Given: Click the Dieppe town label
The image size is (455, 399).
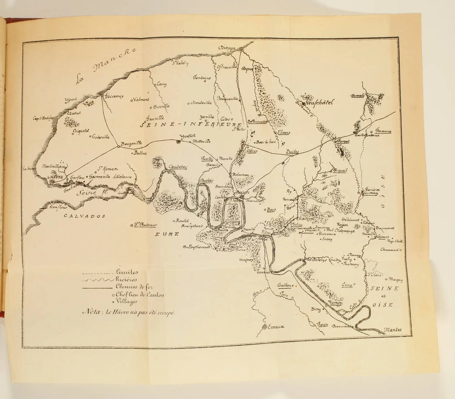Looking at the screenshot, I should tap(227, 48).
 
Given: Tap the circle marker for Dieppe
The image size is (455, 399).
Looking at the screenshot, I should tap(241, 50).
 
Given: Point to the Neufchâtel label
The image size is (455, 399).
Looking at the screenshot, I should tap(319, 103).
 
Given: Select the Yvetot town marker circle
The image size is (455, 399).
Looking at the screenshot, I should tap(179, 141).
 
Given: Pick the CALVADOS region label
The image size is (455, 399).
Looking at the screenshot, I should tap(85, 216).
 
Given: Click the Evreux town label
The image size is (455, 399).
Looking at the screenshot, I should tap(276, 327).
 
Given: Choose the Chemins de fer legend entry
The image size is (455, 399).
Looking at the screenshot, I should tap(134, 287).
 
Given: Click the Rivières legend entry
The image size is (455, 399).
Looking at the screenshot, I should tap(126, 279).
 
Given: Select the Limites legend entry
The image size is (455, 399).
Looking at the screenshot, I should tap(126, 272).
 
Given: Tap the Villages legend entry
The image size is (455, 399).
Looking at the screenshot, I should tap(126, 301).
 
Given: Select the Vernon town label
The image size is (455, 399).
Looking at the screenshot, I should tap(335, 303).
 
